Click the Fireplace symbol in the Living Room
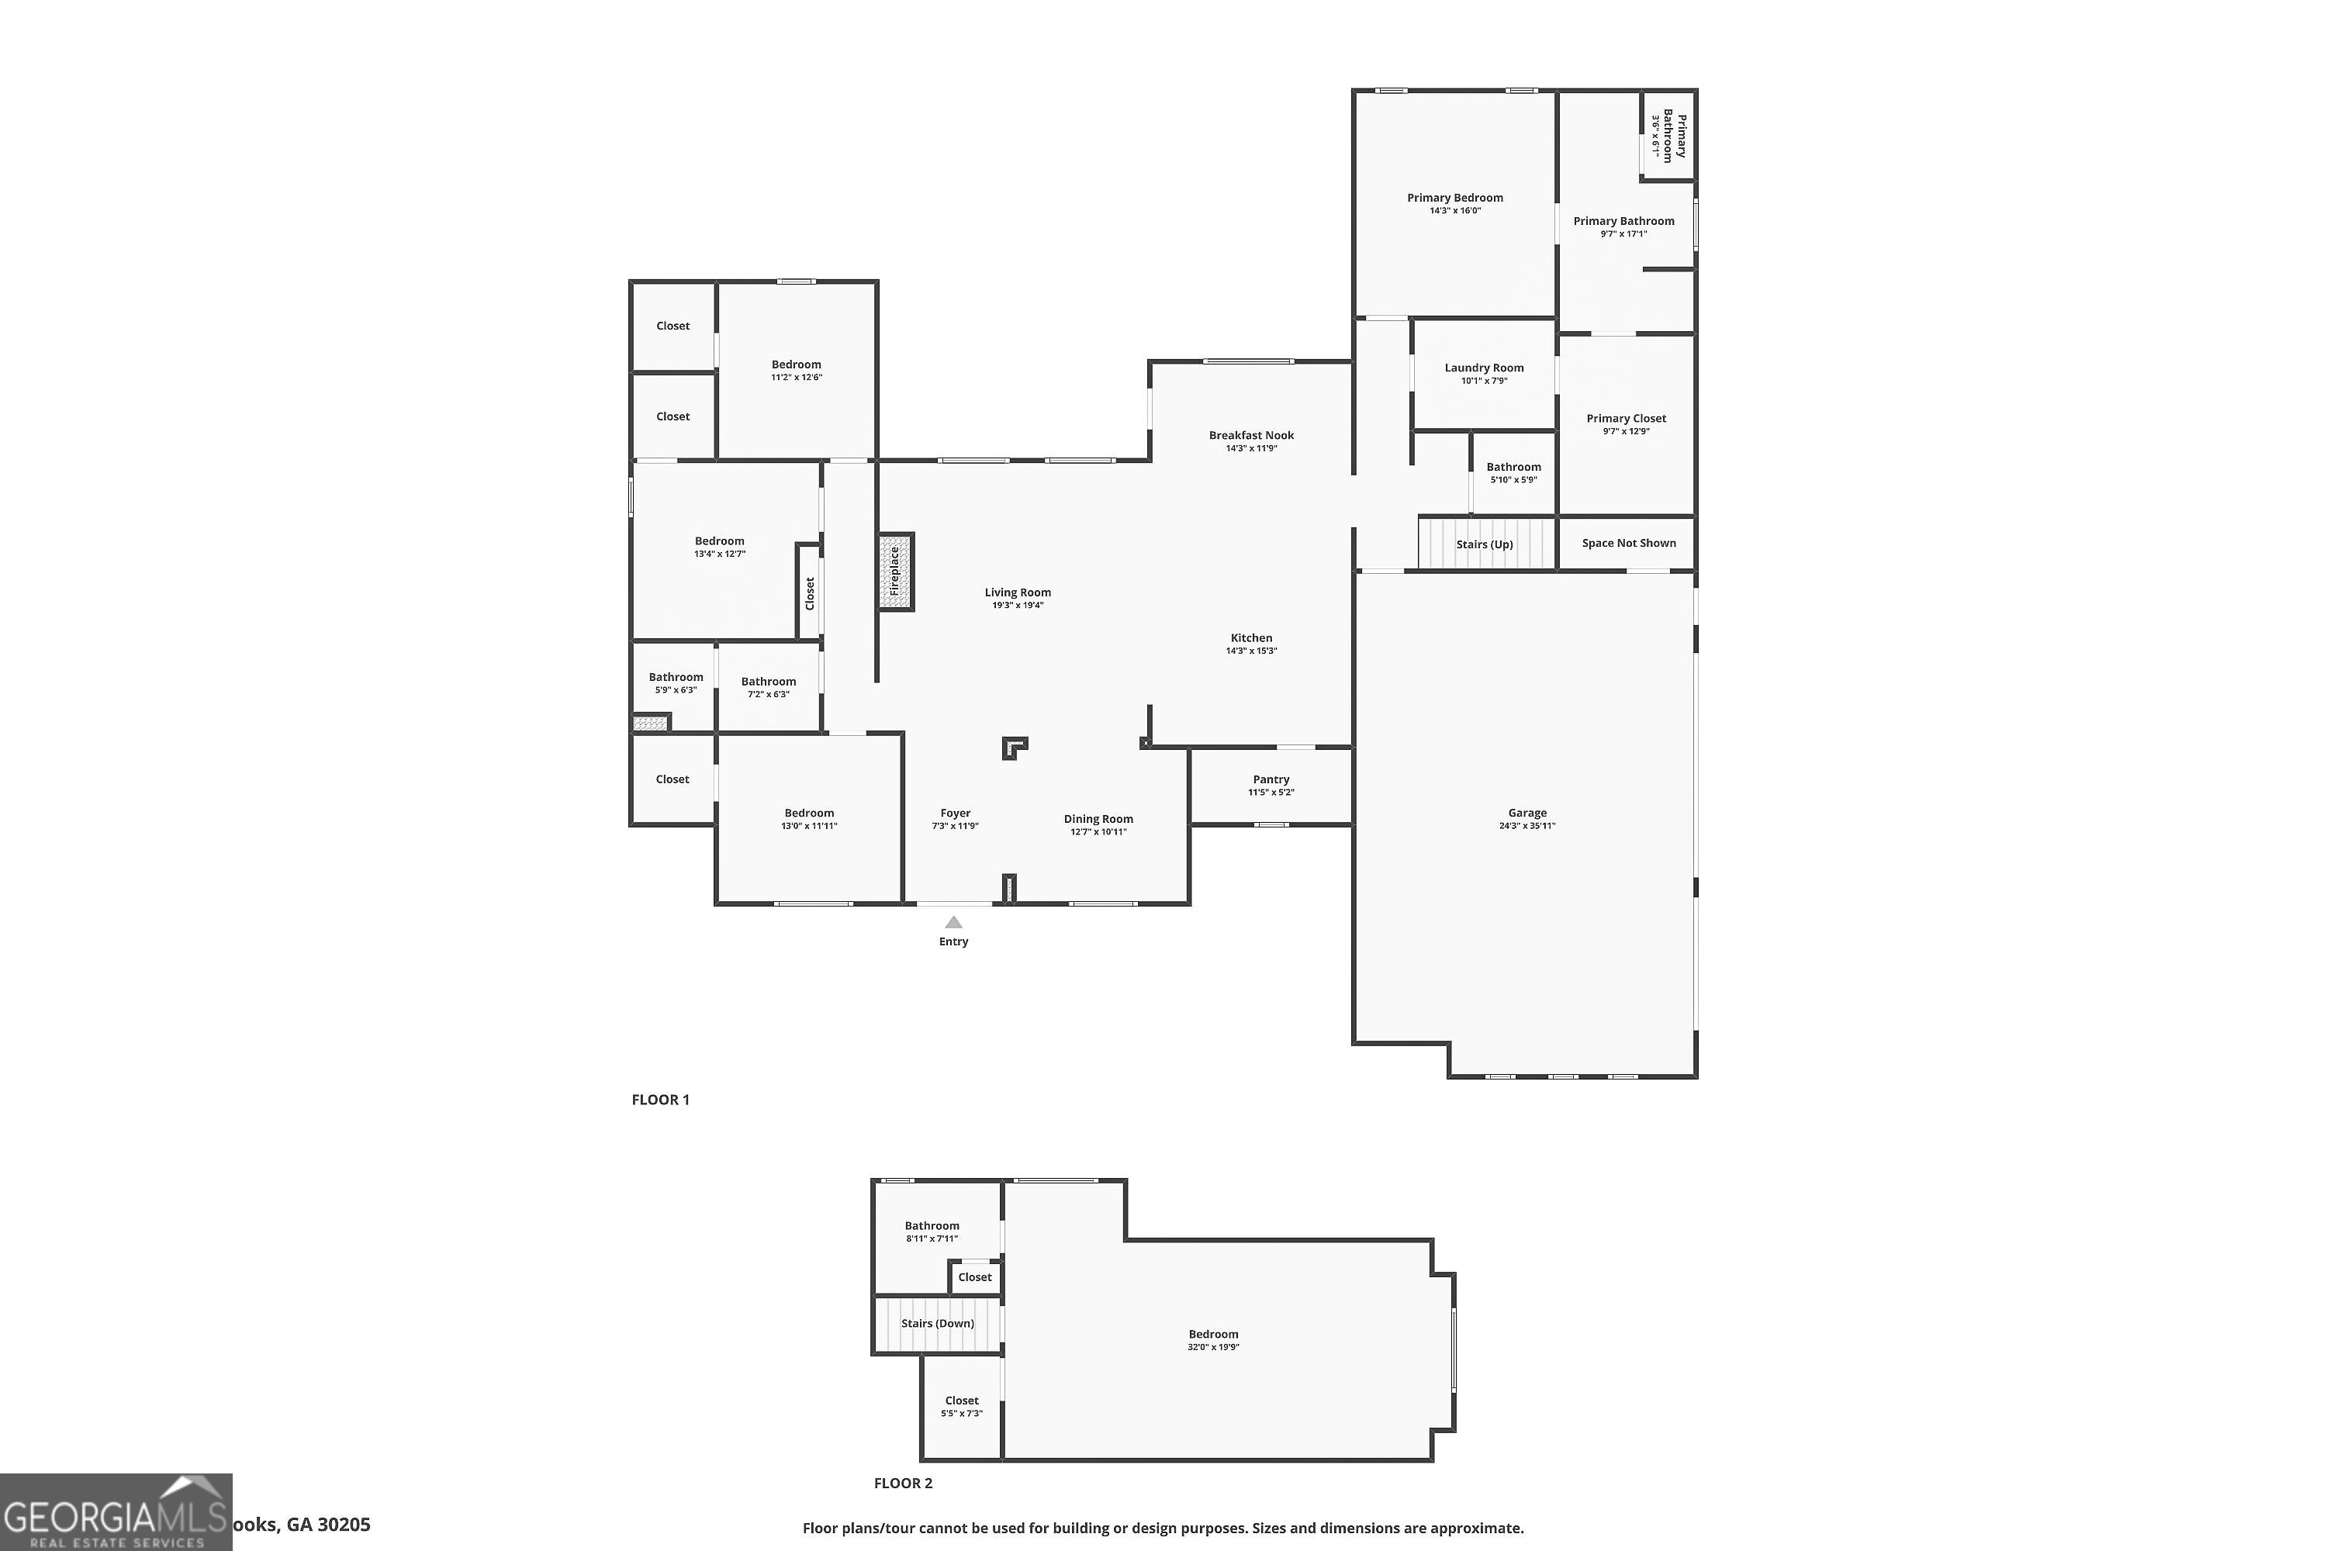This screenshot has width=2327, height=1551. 894,572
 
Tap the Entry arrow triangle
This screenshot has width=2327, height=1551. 953,922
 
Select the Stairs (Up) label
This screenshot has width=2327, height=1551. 1484,544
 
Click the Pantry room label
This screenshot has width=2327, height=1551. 1271,779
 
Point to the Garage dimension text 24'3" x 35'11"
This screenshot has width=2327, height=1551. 1527,826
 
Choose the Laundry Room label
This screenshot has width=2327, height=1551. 1483,368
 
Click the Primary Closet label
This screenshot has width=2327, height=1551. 1626,419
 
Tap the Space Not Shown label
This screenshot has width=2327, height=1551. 1628,543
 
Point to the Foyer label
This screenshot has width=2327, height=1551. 955,813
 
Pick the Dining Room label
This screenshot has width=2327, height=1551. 1098,819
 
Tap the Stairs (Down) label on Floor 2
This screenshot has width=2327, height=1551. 937,1324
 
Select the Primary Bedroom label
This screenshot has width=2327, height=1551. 1454,198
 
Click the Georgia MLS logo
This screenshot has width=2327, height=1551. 116,1512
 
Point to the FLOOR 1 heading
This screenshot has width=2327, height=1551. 660,1099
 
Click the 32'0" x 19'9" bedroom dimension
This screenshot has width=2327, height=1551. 1213,1347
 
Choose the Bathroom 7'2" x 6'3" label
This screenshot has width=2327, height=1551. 768,682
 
